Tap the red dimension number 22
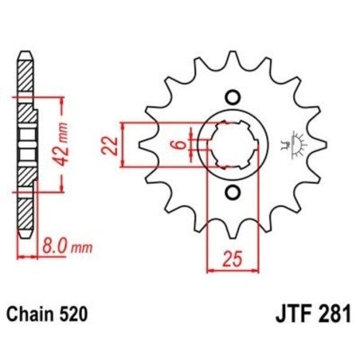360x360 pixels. click(112, 146)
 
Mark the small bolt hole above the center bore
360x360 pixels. click(233, 99)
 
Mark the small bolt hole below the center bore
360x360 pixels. click(233, 193)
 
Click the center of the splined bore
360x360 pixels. click(233, 146)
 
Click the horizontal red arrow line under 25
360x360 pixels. click(233, 271)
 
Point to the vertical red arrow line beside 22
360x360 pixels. click(123, 146)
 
